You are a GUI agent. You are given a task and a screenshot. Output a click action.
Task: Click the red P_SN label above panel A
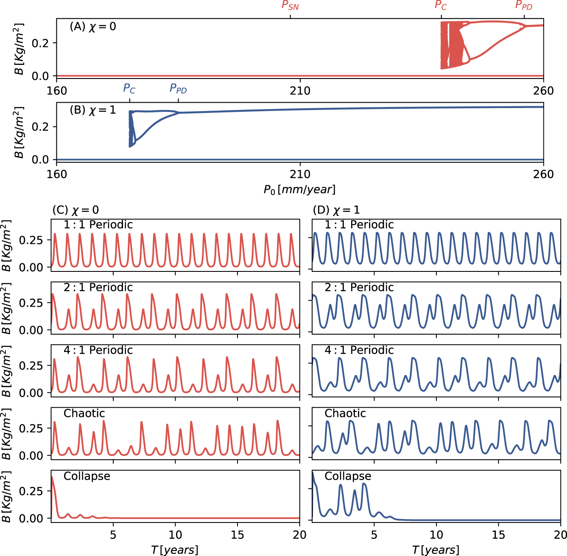tap(290, 6)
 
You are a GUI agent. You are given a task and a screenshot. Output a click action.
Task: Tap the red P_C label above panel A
tap(441, 6)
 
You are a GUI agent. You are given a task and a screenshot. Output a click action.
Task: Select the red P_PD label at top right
tap(524, 6)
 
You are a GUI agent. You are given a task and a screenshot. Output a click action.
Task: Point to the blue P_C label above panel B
tap(129, 89)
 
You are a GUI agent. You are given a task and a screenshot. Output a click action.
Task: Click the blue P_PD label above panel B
tap(178, 89)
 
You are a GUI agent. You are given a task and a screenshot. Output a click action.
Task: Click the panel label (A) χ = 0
tap(92, 27)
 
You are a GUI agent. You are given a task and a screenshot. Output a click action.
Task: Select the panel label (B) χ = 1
tap(92, 110)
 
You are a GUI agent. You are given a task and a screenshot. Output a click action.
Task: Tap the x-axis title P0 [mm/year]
tap(299, 190)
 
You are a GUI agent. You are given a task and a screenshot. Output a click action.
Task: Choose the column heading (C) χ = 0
tap(75, 210)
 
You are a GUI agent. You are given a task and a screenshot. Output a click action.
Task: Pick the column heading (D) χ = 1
tap(336, 210)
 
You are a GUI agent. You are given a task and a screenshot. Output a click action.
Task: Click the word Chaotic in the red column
tap(84, 414)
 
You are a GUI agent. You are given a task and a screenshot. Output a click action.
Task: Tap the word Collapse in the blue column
tap(348, 476)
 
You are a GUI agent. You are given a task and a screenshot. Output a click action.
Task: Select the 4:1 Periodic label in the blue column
tap(359, 350)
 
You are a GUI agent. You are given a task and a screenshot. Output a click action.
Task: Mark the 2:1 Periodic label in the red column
tap(98, 288)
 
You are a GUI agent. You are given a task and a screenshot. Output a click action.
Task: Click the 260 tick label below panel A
tap(543, 91)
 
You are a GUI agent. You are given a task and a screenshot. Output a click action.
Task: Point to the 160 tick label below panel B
tap(57, 174)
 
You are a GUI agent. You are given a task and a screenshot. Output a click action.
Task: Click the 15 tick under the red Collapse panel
tap(237, 535)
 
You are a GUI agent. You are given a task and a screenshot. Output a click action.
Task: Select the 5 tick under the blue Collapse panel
tap(374, 535)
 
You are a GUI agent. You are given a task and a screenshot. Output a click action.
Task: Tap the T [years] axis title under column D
tap(436, 550)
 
